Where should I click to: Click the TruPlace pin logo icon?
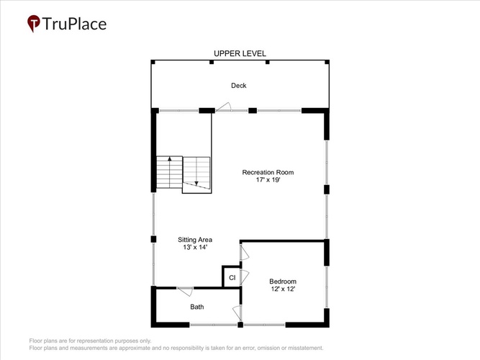point(34,23)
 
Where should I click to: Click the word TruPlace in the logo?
point(74,24)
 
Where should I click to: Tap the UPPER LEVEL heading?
point(240,53)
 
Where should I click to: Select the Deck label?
point(239,86)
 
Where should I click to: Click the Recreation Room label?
point(268,172)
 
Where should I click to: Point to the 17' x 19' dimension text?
point(268,180)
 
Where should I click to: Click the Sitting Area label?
point(195,240)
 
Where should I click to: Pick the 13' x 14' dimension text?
point(195,247)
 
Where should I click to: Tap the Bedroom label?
point(283,282)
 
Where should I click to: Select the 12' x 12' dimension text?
point(283,289)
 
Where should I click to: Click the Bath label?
point(197,307)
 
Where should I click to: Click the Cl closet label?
point(232,278)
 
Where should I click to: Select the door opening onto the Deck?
point(223,107)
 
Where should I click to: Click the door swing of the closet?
point(245,277)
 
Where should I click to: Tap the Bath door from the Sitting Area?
point(185,292)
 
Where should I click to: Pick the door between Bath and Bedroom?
point(237,313)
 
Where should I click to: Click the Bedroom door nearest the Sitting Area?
point(245,253)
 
